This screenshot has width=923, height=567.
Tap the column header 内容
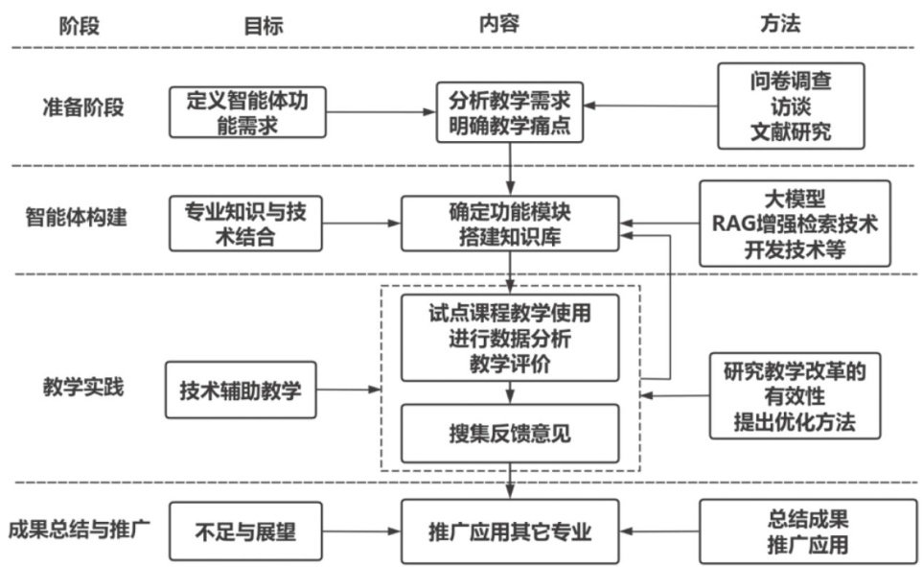tap(498, 24)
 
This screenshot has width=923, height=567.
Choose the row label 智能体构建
tap(81, 219)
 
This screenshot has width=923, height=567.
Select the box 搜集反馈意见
tap(509, 433)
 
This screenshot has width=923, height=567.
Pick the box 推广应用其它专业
tap(509, 531)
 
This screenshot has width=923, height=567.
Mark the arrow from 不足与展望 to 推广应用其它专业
tap(361, 531)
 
